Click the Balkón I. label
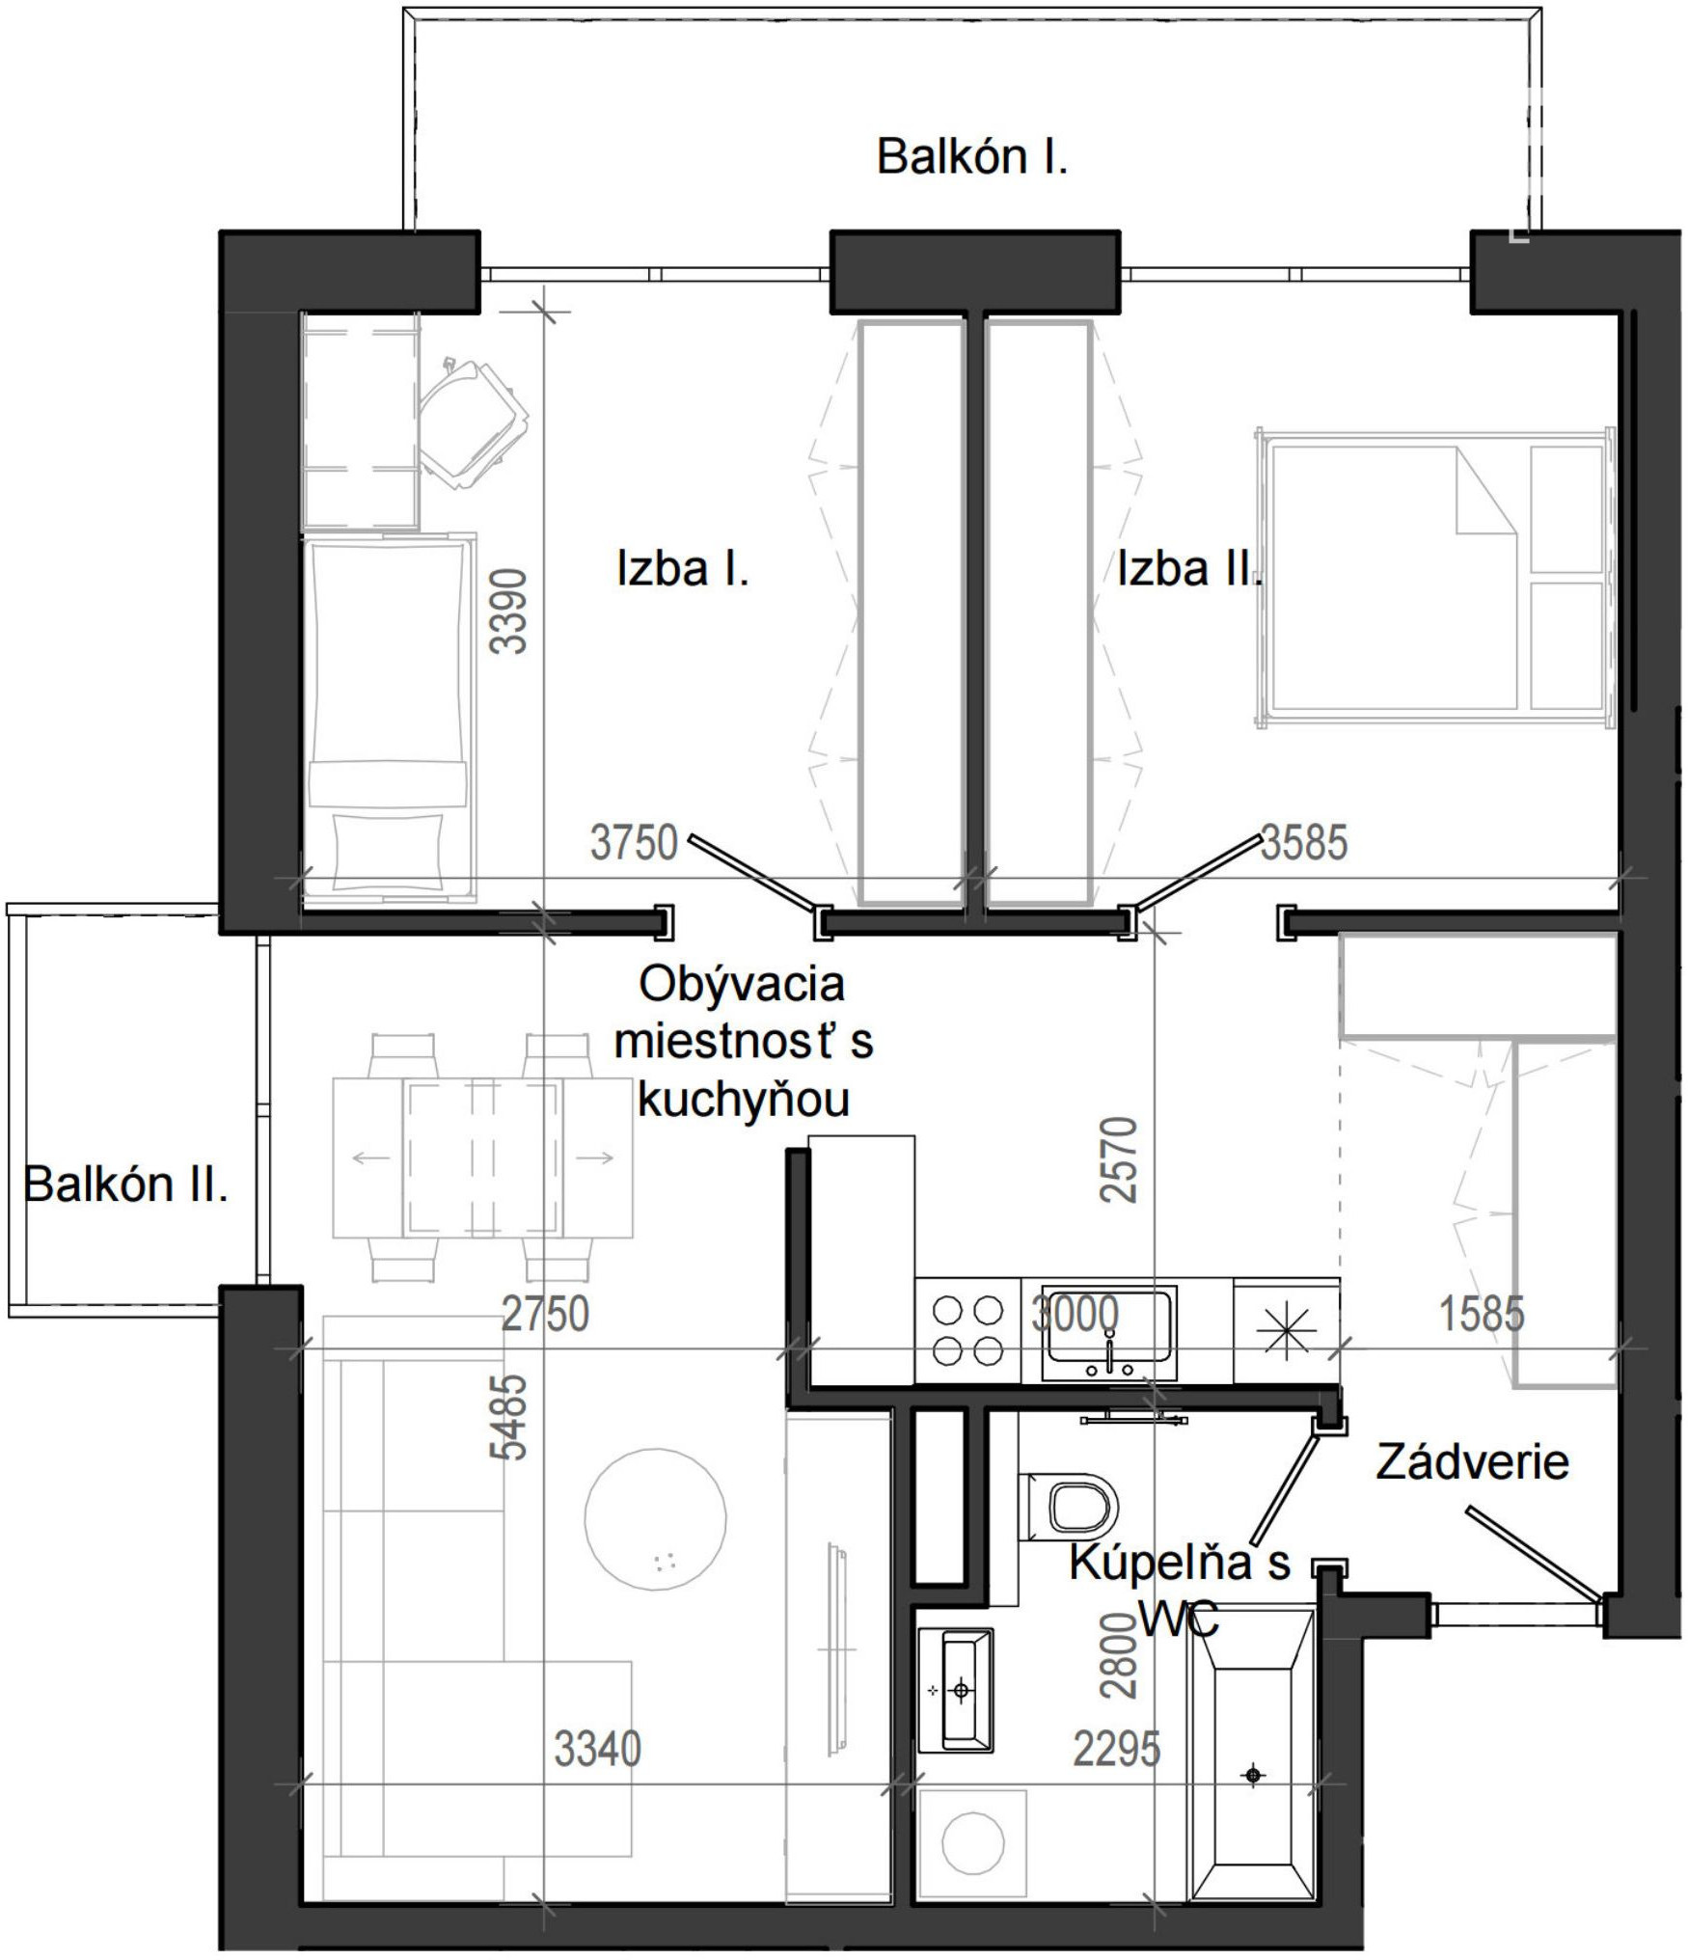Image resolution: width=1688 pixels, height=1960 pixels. pos(972,157)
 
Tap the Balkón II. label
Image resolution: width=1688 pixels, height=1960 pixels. pos(125,1184)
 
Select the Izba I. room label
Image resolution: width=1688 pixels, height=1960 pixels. pos(683,569)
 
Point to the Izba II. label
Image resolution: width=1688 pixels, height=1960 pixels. pos(1189,569)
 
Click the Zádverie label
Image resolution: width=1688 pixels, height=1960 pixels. pos(1472,1462)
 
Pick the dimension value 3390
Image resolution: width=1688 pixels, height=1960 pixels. pos(509,612)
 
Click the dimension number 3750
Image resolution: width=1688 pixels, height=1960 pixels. pos(634,843)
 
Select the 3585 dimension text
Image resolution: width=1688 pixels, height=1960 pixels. pos(1304,843)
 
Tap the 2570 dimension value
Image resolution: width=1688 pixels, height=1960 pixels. pos(1120,1159)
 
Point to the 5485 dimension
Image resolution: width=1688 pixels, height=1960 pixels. pos(509,1416)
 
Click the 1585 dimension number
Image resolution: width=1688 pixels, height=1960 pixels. pos(1483,1314)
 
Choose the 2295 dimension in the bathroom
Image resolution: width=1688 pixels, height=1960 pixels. pos(1117,1749)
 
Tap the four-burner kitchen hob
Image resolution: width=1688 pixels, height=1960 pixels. pos(967,1331)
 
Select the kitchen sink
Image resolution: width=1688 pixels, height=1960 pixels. pos(1109,1332)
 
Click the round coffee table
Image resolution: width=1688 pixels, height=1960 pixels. pos(656,1517)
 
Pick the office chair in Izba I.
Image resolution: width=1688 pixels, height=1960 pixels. pos(473,423)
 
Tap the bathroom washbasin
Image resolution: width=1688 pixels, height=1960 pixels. pos(955,1689)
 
